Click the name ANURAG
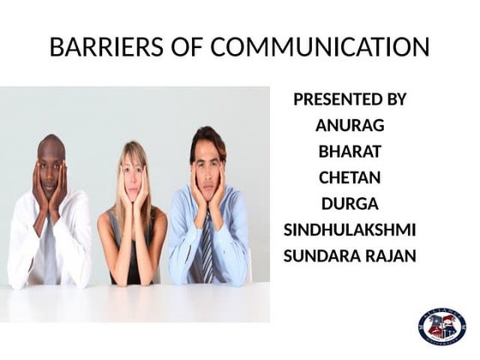(x=350, y=125)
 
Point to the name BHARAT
(x=350, y=152)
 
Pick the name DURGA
(x=350, y=204)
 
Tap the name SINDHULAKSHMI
(x=350, y=230)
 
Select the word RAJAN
(x=391, y=255)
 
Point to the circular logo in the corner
(x=441, y=326)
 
